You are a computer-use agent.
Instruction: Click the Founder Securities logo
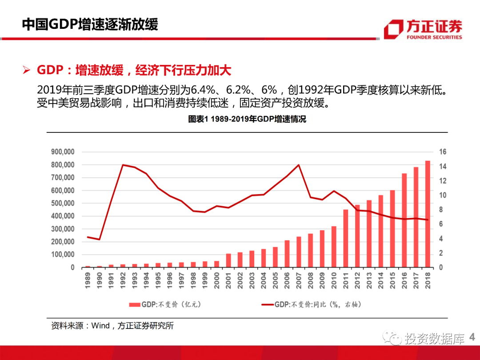point(423,30)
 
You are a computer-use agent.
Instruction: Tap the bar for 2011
point(346,238)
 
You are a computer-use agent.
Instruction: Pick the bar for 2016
point(404,220)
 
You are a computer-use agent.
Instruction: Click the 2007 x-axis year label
point(299,280)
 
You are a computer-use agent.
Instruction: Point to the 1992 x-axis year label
point(123,280)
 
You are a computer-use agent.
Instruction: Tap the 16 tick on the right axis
point(442,152)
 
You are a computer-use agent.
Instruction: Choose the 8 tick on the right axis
point(440,210)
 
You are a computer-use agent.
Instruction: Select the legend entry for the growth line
point(311,304)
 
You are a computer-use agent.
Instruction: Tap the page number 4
point(472,338)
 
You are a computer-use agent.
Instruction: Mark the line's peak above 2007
point(299,165)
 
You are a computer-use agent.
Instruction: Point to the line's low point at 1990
point(99,240)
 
